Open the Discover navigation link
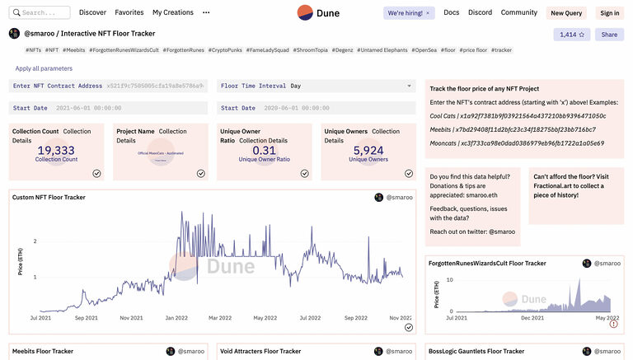[92, 13]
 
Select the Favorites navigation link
[129, 13]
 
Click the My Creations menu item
[172, 13]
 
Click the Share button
[609, 35]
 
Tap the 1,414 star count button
[571, 35]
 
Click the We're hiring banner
[410, 13]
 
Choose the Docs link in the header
[452, 13]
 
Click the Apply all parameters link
[44, 68]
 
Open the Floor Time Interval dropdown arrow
[410, 86]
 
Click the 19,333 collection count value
[56, 150]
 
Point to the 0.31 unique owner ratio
[265, 150]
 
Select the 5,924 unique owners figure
[368, 150]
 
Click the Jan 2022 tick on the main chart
[176, 317]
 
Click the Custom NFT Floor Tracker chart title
[49, 198]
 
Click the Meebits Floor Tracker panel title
[44, 352]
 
